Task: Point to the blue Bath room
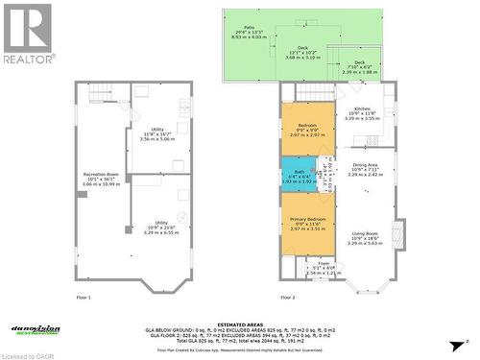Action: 294,175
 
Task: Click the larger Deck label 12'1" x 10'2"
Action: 301,52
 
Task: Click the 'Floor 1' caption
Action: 83,298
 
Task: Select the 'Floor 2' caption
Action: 287,298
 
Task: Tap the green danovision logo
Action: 36,329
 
